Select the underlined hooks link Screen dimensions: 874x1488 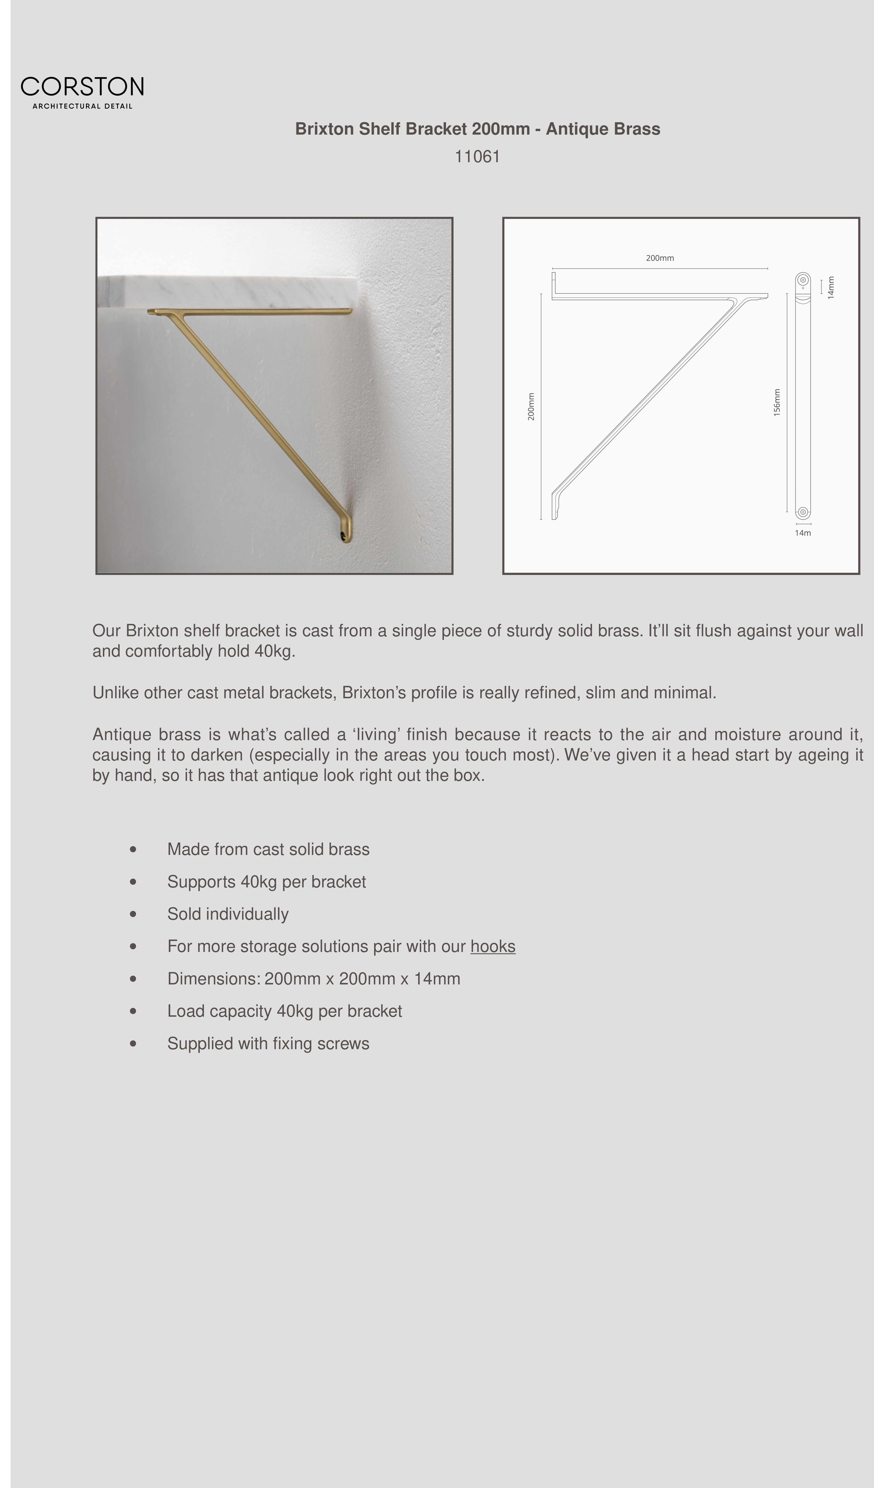493,946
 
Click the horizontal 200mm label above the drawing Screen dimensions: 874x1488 660,258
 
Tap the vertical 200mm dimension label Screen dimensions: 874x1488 531,407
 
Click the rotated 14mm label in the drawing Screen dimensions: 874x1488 831,288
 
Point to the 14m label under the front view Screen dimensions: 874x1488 802,533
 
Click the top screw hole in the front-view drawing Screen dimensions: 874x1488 802,280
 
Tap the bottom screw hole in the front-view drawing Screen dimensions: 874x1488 802,512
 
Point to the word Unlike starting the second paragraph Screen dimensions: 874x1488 116,692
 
